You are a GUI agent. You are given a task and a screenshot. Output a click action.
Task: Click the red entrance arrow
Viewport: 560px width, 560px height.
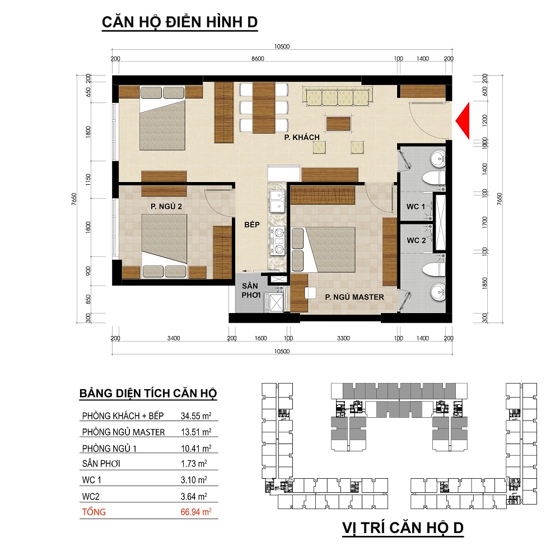464,121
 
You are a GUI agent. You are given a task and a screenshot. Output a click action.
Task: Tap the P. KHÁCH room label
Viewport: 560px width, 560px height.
302,137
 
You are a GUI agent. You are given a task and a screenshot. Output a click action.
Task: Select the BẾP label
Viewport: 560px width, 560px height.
252,225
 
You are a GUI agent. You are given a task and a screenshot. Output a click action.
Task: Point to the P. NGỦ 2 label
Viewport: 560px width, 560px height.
166,207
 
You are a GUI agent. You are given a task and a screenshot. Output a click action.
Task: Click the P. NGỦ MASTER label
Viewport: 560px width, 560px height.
354,297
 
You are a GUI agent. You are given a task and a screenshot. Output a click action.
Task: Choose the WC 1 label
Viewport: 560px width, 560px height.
416,207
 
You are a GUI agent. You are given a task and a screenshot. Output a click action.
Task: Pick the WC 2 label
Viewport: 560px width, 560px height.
416,240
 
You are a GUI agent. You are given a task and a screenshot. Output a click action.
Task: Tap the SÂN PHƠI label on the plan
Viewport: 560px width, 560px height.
250,290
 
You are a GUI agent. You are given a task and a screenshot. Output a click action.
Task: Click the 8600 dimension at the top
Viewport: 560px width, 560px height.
258,59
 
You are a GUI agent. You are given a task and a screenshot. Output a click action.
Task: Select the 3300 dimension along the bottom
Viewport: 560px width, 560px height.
343,338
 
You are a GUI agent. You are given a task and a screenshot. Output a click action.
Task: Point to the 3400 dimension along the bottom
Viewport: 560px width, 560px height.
174,338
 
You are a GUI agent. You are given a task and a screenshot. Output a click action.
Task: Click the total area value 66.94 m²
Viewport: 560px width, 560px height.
195,512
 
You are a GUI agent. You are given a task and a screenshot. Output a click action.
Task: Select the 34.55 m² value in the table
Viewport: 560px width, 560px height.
195,416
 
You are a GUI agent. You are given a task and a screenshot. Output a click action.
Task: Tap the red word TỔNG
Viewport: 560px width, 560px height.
94,512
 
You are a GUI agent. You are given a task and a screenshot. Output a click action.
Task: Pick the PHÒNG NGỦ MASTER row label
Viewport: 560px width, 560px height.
124,432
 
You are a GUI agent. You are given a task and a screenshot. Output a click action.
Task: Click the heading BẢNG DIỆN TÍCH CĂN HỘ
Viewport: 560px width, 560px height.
148,393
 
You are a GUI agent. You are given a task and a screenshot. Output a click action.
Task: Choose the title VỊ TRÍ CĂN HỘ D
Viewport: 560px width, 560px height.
403,528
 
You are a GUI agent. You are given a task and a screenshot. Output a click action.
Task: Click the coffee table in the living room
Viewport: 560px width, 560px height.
338,124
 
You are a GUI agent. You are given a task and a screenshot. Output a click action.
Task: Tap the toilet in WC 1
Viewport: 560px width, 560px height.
434,178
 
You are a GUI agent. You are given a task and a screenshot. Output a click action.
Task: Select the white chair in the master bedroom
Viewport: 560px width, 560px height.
310,292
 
